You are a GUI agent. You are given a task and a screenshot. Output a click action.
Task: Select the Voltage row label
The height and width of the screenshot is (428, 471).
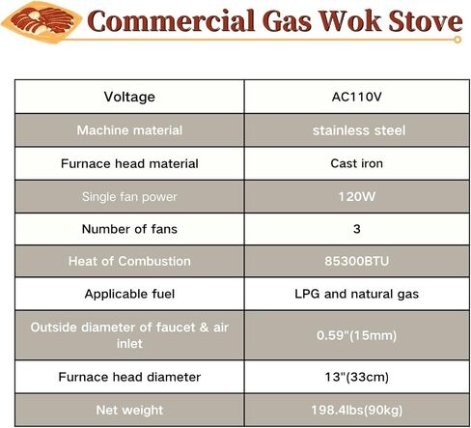128,97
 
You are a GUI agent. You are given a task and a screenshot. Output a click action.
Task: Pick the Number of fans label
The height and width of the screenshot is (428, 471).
128,229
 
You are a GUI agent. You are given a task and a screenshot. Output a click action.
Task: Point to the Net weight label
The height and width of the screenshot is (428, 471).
128,410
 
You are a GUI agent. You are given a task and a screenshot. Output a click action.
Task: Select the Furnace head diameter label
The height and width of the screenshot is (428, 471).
128,377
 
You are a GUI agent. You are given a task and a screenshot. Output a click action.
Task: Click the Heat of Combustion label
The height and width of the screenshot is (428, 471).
128,261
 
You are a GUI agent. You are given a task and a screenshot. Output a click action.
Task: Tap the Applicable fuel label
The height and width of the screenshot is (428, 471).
128,294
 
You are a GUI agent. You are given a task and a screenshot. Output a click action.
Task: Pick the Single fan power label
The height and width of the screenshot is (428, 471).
128,196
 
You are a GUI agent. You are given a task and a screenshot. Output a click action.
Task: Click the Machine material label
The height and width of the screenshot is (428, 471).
128,129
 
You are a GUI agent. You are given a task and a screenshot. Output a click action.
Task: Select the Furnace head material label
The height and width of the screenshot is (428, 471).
128,162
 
